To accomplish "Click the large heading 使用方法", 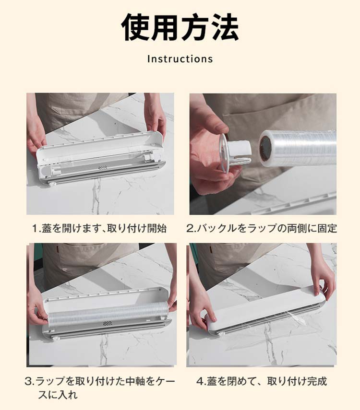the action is click(180, 28).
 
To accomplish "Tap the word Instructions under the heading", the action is click(180, 59).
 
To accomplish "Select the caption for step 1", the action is click(99, 228).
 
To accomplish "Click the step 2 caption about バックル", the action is click(262, 228).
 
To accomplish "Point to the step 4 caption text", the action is click(262, 381).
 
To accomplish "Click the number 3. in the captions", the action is click(30, 381).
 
